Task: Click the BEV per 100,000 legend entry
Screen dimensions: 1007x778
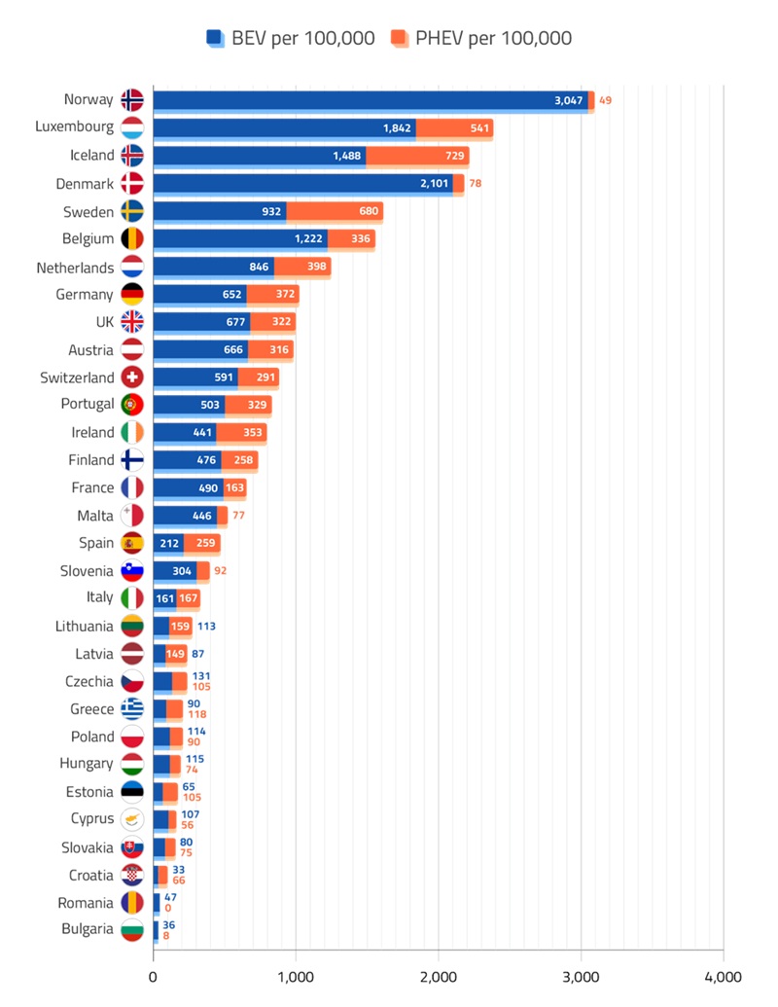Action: tap(290, 38)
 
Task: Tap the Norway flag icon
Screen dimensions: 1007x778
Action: tap(132, 99)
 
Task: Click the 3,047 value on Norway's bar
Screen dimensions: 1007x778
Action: tap(568, 100)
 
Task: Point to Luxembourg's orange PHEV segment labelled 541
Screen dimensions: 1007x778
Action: tap(453, 127)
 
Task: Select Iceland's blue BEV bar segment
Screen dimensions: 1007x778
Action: tap(259, 156)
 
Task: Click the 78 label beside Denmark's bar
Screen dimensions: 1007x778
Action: tap(476, 183)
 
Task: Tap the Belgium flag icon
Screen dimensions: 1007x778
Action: tap(132, 238)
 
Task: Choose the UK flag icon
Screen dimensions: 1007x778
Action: tap(132, 321)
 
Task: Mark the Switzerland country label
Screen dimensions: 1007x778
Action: tap(77, 377)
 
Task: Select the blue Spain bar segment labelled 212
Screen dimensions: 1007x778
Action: tap(168, 543)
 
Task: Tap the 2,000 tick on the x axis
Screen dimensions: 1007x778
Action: tap(439, 976)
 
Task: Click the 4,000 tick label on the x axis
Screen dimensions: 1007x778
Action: tap(723, 976)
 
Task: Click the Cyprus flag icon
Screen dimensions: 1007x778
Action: tap(132, 819)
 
